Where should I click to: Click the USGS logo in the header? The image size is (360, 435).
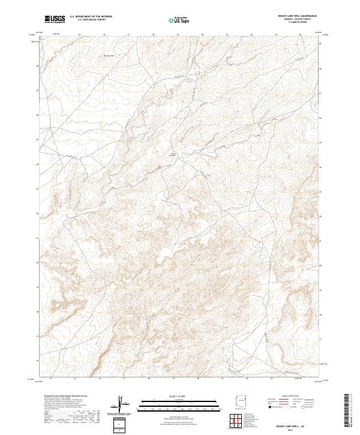(55, 19)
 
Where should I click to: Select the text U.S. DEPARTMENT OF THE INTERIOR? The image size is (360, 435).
(91, 17)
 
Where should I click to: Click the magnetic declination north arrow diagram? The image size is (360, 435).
(121, 404)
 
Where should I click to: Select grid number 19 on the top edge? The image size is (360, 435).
(178, 35)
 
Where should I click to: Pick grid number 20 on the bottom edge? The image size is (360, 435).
(197, 379)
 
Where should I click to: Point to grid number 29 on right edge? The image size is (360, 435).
(320, 44)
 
